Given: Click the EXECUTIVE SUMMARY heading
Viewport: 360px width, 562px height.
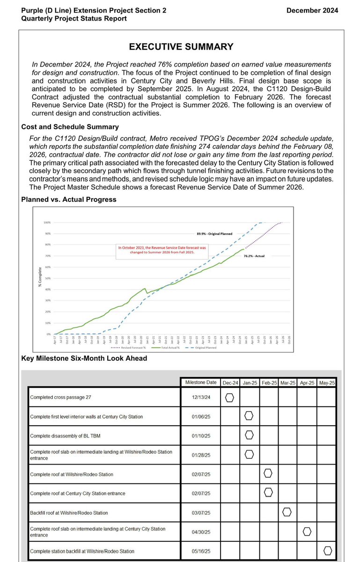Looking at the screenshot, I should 181,46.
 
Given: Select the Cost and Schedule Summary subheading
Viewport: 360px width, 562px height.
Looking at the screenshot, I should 70,127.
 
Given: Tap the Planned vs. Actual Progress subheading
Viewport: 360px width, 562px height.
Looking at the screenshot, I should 69,199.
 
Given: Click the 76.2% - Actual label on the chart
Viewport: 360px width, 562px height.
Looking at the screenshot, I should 254,256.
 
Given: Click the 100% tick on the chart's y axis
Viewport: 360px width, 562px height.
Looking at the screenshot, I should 47,222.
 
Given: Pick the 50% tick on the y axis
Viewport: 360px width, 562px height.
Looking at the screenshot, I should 47,278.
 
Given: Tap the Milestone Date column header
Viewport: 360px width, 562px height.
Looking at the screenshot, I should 200,382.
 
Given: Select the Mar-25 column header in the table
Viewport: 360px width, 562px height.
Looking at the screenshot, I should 288,383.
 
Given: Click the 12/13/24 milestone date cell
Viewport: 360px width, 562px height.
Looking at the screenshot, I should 200,398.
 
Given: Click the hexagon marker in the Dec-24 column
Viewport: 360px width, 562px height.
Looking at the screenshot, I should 229,397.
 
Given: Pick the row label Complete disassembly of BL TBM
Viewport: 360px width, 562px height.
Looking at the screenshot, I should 65,436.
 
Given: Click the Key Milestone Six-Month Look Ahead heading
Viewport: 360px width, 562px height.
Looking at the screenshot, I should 84,358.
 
